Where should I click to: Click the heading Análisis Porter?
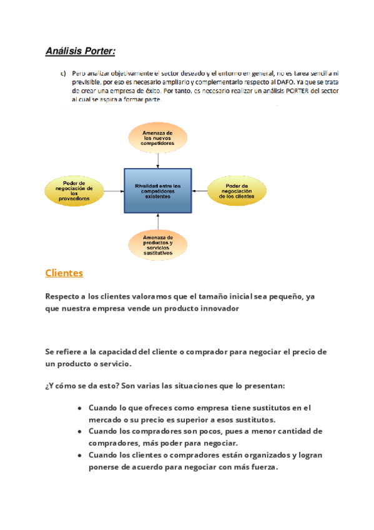[x=80, y=51]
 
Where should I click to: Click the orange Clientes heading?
[x=64, y=273]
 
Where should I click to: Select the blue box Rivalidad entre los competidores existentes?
[x=157, y=191]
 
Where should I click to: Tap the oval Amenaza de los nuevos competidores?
[x=157, y=138]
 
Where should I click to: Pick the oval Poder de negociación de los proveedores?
[x=74, y=191]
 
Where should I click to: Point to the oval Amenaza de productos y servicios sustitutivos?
[x=157, y=245]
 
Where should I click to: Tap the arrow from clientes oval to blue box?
[x=200, y=191]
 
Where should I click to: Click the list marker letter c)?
[x=64, y=73]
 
